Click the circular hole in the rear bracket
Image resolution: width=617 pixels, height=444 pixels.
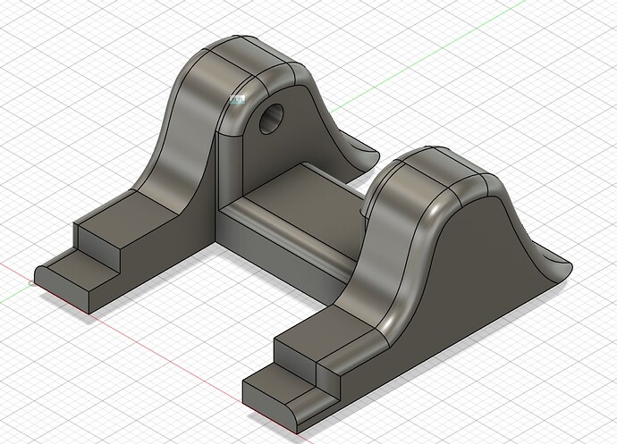pyautogui.click(x=272, y=117)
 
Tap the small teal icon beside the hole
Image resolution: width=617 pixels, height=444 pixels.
pyautogui.click(x=237, y=102)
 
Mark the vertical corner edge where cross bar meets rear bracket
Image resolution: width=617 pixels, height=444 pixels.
pyautogui.click(x=220, y=179)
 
